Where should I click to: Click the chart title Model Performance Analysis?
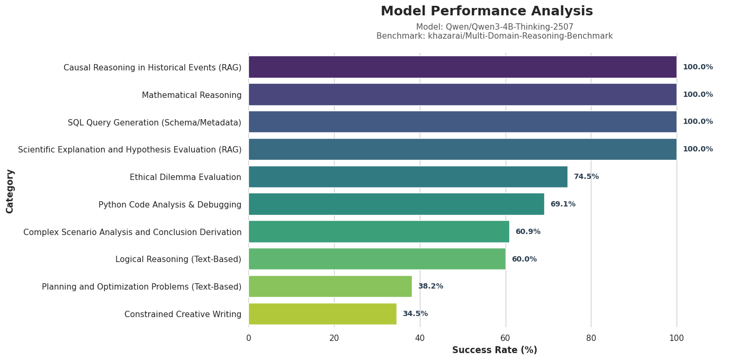(487, 12)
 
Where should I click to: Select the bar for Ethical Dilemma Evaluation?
(408, 177)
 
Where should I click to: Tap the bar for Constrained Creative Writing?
(322, 314)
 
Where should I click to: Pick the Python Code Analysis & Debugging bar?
(396, 204)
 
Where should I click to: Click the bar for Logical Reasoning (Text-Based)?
(377, 259)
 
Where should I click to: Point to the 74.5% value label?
(586, 177)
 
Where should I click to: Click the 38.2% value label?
(430, 286)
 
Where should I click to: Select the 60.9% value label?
(528, 232)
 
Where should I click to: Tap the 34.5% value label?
(415, 314)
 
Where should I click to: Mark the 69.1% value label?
(563, 204)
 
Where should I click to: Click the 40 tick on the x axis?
(420, 338)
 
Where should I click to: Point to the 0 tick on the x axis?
(249, 338)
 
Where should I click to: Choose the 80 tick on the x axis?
(591, 338)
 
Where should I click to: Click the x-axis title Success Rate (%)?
(495, 350)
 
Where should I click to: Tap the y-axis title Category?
(10, 191)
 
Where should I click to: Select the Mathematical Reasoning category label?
(192, 95)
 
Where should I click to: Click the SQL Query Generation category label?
(155, 123)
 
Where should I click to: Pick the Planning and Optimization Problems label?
(141, 287)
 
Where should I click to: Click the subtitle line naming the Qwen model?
(495, 27)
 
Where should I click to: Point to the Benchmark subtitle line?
(495, 36)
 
